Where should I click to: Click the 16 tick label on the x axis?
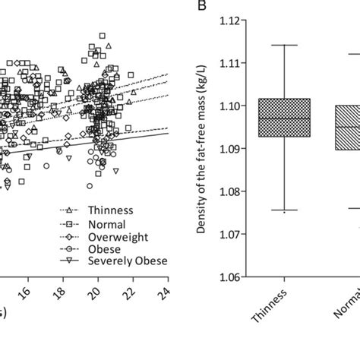[28, 291]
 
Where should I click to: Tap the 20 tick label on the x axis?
[97, 291]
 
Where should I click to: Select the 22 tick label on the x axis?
[132, 291]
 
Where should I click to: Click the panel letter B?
[201, 7]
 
